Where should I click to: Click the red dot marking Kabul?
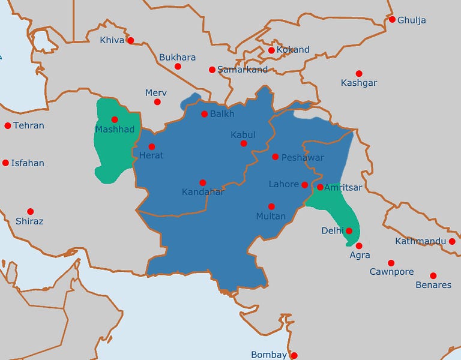244,143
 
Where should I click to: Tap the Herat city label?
151,155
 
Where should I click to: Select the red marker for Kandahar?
203,182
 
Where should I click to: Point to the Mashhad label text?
114,129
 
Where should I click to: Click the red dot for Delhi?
349,230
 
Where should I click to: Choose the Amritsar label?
343,187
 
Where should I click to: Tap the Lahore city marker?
305,185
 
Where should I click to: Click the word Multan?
271,216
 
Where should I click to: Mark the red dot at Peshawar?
275,157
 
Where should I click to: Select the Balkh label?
222,114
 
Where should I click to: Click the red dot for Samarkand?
212,70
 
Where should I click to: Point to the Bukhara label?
177,58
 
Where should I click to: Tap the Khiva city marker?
130,41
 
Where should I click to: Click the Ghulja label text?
412,20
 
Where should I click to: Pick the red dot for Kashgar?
359,73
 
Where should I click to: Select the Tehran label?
29,126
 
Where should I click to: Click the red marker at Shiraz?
31,211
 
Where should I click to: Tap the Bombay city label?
269,355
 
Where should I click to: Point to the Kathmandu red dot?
452,241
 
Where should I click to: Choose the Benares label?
433,285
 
